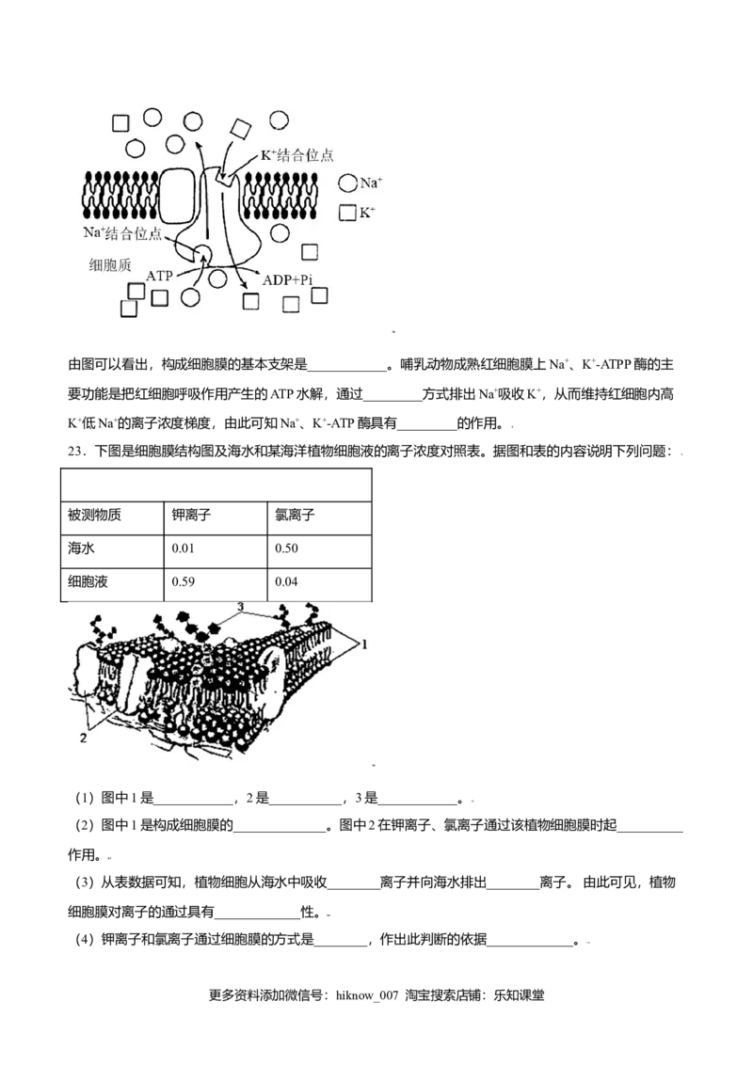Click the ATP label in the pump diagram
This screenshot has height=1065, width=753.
point(159,276)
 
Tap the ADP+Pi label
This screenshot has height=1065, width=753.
point(287,279)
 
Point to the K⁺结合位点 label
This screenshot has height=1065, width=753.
point(297,155)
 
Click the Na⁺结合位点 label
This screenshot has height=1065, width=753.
point(122,233)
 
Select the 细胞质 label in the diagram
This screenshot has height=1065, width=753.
point(110,265)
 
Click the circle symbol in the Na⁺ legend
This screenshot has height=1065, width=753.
point(348,183)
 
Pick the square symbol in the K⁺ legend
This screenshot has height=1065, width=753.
point(347,213)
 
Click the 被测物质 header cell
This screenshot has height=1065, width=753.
point(94,515)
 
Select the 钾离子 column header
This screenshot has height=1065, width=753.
point(191,515)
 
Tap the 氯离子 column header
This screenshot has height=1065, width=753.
point(295,515)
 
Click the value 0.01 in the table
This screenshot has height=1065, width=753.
point(183,548)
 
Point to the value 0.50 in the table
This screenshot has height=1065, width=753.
point(286,548)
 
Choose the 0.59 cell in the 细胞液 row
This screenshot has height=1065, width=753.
point(183,581)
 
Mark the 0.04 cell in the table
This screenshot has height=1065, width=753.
point(286,581)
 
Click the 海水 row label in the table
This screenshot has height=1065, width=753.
point(81,548)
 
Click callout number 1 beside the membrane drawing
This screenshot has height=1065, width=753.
point(364,644)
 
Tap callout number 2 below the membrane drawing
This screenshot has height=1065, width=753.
point(83,738)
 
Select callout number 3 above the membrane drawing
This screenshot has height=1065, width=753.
point(240,607)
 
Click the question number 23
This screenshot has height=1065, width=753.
point(76,452)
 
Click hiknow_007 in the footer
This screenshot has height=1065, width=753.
point(367,995)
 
